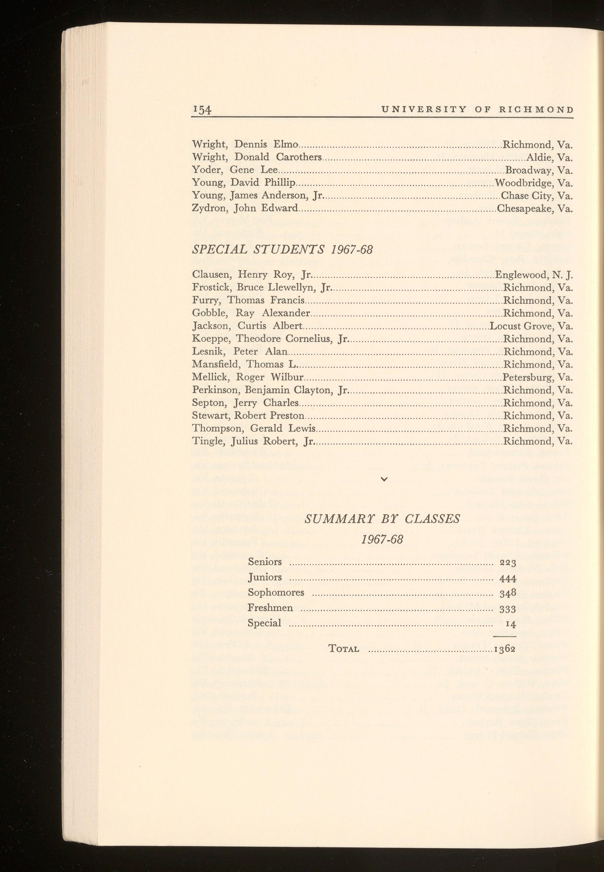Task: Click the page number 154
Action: pyautogui.click(x=201, y=110)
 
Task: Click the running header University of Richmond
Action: pyautogui.click(x=478, y=109)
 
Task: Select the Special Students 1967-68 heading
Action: pyautogui.click(x=282, y=250)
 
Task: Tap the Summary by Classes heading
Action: pyautogui.click(x=382, y=518)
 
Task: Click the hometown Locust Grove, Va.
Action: pyautogui.click(x=531, y=326)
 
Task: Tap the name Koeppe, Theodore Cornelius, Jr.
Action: pyautogui.click(x=270, y=339)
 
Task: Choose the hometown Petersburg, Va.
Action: pyautogui.click(x=538, y=377)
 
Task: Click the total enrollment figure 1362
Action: pyautogui.click(x=505, y=650)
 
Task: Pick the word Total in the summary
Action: pyautogui.click(x=344, y=649)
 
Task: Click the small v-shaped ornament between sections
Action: pyautogui.click(x=384, y=479)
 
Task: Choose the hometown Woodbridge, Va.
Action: pyautogui.click(x=534, y=183)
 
